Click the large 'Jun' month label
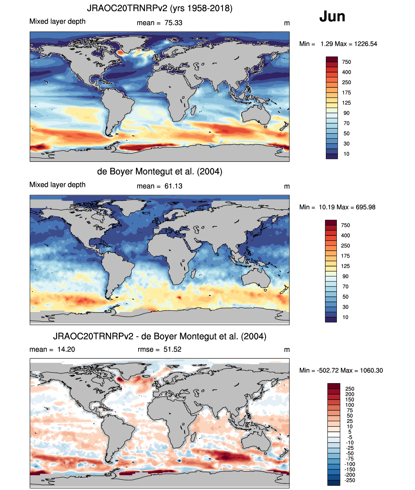[x=332, y=16]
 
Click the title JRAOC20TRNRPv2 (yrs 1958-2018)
[x=160, y=8]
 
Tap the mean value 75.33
[x=173, y=23]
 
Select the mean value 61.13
[x=173, y=186]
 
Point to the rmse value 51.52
[x=172, y=349]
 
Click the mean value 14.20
[x=66, y=349]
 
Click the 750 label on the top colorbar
[x=347, y=62]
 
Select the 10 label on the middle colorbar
[x=345, y=317]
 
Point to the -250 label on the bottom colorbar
[x=350, y=480]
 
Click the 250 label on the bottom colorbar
[x=350, y=389]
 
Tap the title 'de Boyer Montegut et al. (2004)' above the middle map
[x=160, y=171]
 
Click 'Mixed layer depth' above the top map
[x=57, y=21]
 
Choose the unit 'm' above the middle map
[x=287, y=186]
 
